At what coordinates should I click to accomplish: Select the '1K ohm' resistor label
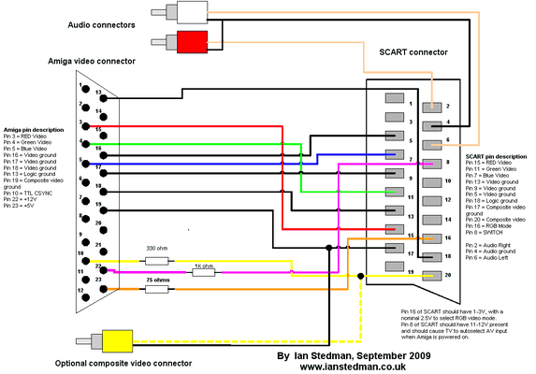point(203,266)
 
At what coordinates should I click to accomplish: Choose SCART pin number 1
point(410,104)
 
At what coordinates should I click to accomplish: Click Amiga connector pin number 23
point(98,279)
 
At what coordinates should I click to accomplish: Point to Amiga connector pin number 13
point(98,92)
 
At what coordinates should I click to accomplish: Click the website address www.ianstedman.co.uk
point(351,367)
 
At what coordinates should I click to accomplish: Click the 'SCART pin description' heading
point(496,155)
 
